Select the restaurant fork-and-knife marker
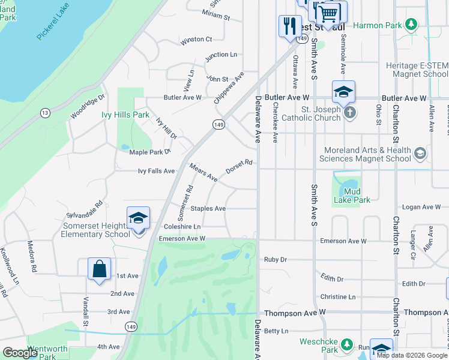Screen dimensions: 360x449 [x=290, y=26]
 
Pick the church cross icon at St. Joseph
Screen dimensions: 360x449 [x=349, y=112]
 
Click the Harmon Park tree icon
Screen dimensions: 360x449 [x=411, y=25]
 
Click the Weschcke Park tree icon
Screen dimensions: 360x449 [x=346, y=344]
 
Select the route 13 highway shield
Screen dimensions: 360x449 [x=45, y=113]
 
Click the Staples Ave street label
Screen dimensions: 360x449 [x=208, y=209]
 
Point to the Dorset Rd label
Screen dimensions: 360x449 [x=239, y=166]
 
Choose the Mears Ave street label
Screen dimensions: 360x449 [x=203, y=173]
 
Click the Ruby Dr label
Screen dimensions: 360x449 [x=276, y=260]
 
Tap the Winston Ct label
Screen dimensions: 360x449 [x=197, y=40]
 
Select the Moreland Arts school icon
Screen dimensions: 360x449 [x=420, y=154]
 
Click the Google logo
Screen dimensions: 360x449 [x=20, y=353]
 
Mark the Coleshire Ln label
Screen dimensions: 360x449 [x=182, y=227]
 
